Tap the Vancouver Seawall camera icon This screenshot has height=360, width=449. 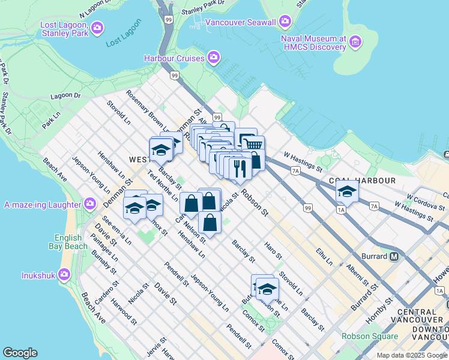point(285,23)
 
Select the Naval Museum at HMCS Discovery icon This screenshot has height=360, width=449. point(356,43)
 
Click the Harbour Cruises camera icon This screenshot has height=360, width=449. point(213,58)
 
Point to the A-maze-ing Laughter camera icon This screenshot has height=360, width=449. point(89,203)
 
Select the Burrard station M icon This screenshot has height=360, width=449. point(394,256)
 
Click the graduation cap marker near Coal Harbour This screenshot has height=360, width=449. point(346,192)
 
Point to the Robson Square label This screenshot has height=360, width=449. point(370,336)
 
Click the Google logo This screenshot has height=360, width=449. point(20,353)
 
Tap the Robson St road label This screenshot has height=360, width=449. point(254,203)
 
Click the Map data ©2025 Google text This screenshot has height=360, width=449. point(412,355)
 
